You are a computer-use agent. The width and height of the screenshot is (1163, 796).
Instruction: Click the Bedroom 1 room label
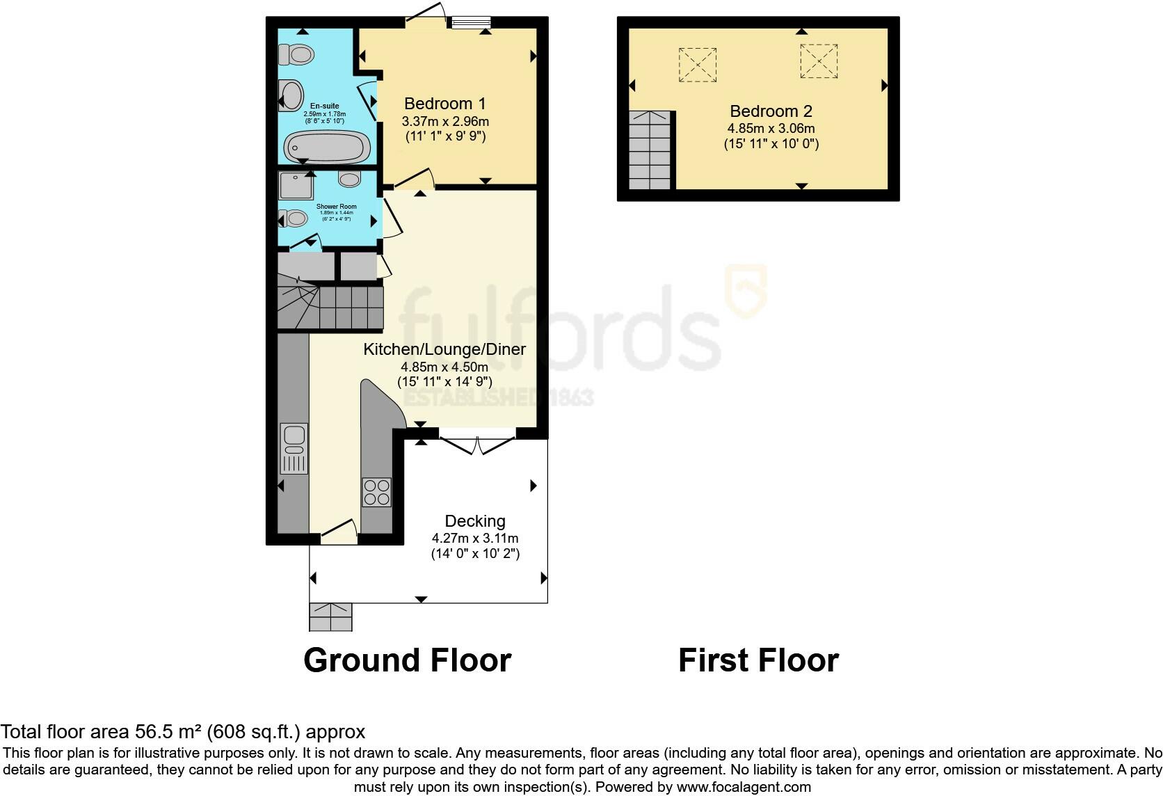point(445,104)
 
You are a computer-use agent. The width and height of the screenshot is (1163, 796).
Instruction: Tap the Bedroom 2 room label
point(771,111)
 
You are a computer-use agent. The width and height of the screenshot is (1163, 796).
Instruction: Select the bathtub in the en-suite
point(326,146)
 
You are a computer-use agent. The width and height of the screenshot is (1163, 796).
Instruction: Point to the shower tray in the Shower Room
point(296,186)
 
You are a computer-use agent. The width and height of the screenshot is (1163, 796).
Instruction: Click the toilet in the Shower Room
point(293,218)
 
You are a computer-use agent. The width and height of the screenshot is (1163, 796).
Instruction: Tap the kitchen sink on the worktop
point(294,447)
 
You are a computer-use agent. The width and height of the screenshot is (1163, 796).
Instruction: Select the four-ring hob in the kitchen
point(376,492)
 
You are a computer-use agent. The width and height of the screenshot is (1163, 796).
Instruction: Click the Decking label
point(475,521)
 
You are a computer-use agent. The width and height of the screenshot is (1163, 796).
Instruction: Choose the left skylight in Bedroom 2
point(698,65)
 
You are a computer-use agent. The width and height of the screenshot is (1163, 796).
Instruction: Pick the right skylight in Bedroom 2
point(819,61)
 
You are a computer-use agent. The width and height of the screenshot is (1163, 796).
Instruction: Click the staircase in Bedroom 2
point(650,150)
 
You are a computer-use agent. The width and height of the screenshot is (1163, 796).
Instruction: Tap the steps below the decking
point(330,616)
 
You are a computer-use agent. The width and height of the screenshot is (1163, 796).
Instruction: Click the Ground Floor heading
point(407,660)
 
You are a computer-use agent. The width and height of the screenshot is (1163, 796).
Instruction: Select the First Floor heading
point(758,660)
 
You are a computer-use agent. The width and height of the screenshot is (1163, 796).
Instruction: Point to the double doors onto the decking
point(477,444)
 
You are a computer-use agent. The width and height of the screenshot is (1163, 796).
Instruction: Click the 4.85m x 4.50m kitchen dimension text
point(444,367)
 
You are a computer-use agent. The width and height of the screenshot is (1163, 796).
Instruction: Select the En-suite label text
point(324,106)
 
